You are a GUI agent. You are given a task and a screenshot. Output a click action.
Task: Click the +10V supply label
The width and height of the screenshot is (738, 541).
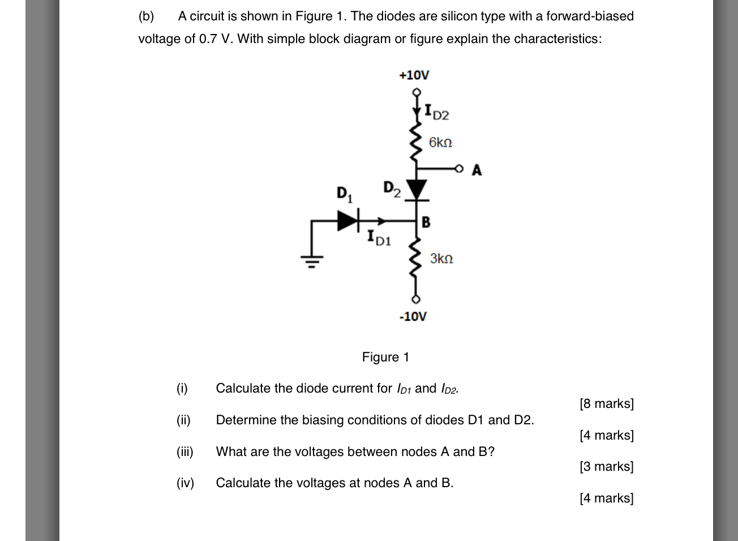414,75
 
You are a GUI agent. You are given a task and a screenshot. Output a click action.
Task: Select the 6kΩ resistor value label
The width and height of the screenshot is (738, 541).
440,142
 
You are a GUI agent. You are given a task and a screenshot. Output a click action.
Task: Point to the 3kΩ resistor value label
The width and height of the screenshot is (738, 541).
441,259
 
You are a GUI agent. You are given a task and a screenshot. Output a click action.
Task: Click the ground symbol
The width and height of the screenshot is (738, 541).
311,261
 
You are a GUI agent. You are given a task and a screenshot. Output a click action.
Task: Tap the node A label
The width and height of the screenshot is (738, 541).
477,170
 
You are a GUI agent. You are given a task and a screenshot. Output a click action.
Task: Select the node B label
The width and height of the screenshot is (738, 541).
426,222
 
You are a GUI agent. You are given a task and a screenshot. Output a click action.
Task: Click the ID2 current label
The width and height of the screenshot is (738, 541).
436,113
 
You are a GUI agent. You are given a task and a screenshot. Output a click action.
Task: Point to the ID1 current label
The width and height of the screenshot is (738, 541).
379,237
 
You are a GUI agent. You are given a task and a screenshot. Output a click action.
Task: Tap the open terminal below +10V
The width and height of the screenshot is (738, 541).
417,92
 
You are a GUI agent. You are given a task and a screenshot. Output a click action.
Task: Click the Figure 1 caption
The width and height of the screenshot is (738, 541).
385,357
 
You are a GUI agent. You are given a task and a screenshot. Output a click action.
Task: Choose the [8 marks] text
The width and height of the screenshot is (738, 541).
606,403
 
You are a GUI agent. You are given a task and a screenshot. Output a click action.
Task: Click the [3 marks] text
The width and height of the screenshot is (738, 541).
606,466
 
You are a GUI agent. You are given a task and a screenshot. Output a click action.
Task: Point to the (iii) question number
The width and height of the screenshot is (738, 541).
185,451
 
